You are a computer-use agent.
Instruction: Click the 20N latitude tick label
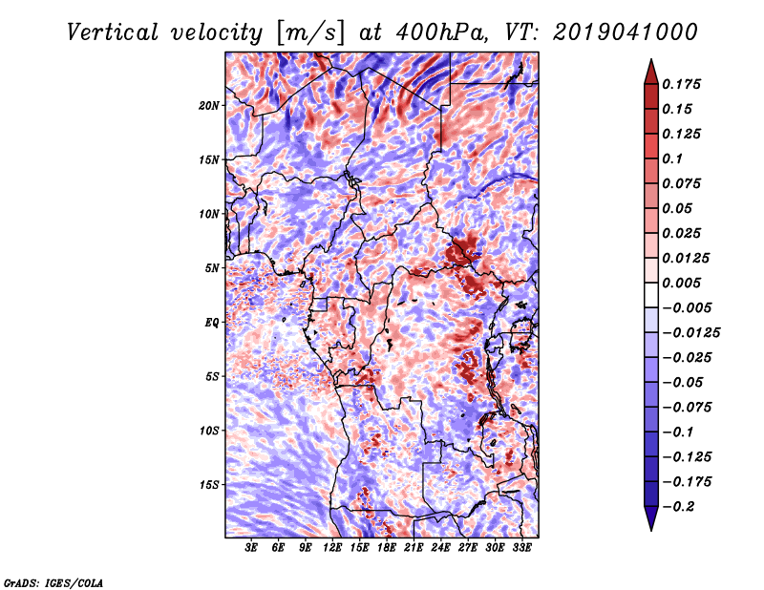(x=209, y=106)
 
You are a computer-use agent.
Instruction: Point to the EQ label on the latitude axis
(x=211, y=323)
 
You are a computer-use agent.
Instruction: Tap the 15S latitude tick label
(x=209, y=485)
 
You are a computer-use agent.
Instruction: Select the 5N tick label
(x=212, y=268)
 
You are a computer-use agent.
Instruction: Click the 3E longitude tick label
(x=250, y=548)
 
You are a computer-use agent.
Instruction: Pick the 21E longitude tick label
(x=414, y=548)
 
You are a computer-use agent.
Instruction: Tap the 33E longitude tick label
(x=521, y=548)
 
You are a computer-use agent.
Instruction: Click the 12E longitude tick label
(x=331, y=548)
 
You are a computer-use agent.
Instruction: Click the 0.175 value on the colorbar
(x=681, y=84)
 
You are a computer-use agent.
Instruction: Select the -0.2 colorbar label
(x=678, y=507)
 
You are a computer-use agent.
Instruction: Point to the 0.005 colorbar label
(x=681, y=283)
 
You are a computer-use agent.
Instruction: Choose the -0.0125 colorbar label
(x=690, y=333)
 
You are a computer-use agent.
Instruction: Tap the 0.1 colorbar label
(x=672, y=158)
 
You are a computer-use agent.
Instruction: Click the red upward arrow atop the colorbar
(x=651, y=73)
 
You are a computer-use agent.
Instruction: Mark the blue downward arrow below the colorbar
(x=651, y=518)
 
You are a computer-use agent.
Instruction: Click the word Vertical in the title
(x=113, y=32)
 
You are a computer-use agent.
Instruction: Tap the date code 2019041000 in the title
(x=626, y=32)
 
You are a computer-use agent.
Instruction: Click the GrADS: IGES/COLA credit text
(x=53, y=582)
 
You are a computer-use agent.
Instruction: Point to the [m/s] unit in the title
(x=310, y=33)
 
